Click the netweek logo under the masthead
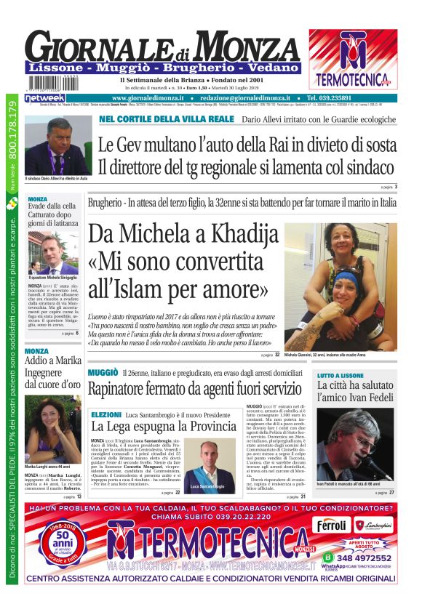tap(44, 97)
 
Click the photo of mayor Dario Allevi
tap(57, 145)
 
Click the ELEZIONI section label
tap(106, 414)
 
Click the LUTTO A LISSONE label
tap(341, 376)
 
